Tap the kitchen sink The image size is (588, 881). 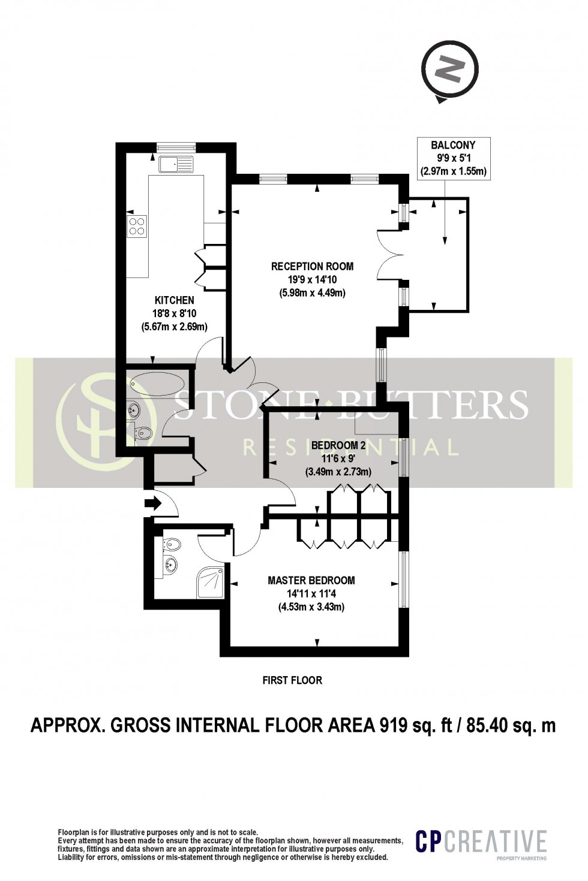point(175,163)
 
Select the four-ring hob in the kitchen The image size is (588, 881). point(136,226)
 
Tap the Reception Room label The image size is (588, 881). point(312,266)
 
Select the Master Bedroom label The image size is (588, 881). point(311,580)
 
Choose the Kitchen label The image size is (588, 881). point(174,300)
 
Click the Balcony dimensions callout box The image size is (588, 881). point(453,158)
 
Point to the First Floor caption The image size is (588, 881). point(292,680)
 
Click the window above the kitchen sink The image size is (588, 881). point(176,146)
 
